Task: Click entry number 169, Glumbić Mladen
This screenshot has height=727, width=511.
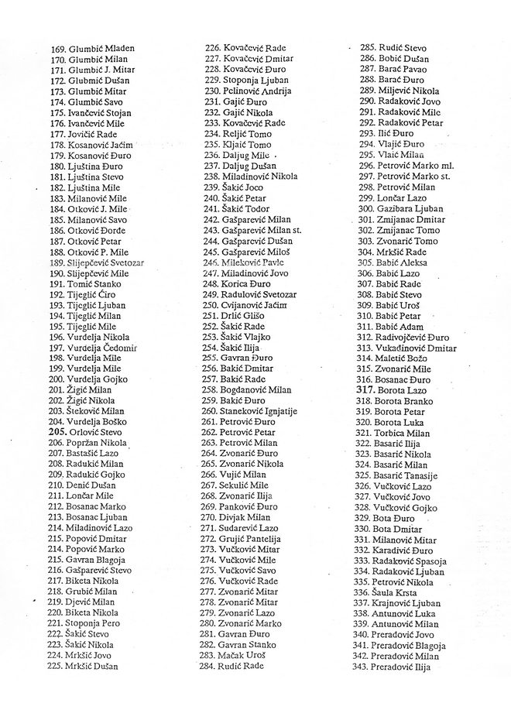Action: [x=91, y=49]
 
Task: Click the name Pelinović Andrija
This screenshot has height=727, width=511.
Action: [x=256, y=91]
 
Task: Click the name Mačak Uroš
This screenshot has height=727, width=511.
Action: [x=243, y=654]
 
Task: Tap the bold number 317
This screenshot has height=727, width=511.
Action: [x=364, y=390]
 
